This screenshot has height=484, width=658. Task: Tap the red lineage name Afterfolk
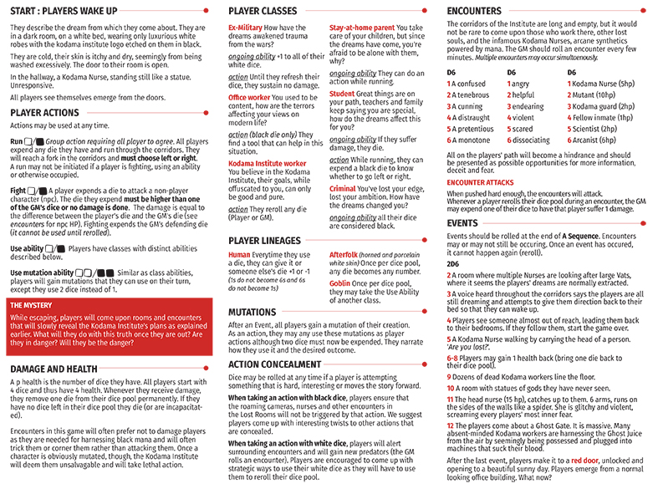click(346, 254)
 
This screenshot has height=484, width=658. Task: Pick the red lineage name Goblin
click(341, 283)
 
